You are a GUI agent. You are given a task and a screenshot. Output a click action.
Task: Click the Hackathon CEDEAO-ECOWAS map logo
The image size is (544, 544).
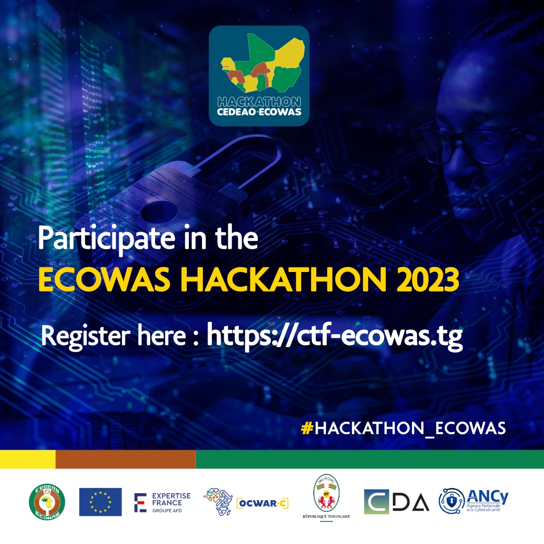[259, 76]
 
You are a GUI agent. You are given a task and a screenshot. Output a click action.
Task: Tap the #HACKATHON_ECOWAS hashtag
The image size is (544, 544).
[403, 428]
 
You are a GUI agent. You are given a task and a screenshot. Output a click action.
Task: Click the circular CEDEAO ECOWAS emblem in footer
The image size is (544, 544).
[47, 502]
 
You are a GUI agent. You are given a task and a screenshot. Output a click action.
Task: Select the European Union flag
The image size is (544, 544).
[100, 502]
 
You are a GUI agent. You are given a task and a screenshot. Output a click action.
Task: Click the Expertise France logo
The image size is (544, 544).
[162, 502]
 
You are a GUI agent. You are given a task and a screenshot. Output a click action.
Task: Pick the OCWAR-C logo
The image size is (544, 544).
[246, 502]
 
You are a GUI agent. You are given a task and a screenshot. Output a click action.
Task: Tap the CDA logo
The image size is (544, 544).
[396, 502]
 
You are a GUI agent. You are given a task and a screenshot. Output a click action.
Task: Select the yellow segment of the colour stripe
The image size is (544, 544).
[27, 459]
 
